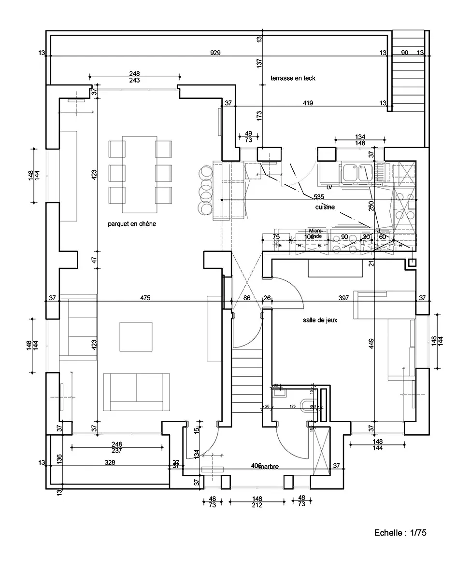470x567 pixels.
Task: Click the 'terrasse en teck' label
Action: coord(293,78)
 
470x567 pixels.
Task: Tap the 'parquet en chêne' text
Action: coord(132,224)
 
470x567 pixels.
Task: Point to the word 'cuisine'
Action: coord(325,207)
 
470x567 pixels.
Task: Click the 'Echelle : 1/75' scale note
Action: coord(400,533)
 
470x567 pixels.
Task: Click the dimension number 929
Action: coord(215,53)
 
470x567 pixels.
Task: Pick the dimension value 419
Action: coord(308,103)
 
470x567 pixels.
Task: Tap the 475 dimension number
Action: coord(145,298)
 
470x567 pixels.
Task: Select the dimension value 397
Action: coord(343,298)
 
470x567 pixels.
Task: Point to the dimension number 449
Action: coord(371,344)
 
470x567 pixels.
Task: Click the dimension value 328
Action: coord(111,462)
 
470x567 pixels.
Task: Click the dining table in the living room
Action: coord(140,174)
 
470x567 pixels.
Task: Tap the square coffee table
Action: coord(136,336)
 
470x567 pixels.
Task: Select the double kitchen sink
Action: coord(356,173)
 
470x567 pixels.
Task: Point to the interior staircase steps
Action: coord(247,381)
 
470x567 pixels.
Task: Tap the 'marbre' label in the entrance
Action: coord(270,466)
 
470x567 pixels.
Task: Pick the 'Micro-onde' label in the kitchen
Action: coord(315,234)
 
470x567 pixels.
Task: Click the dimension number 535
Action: coord(318,197)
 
